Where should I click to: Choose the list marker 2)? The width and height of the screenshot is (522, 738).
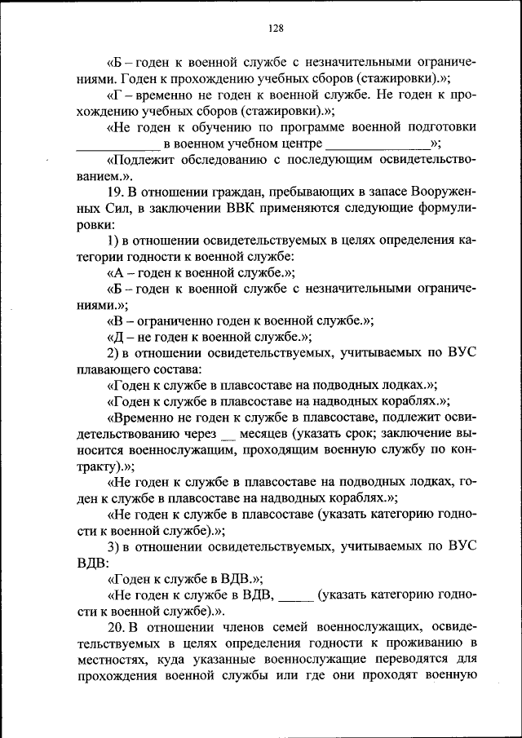click(x=114, y=352)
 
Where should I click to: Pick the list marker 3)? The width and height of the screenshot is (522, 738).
click(x=114, y=545)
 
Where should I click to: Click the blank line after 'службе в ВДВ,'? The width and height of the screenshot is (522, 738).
click(x=296, y=596)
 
